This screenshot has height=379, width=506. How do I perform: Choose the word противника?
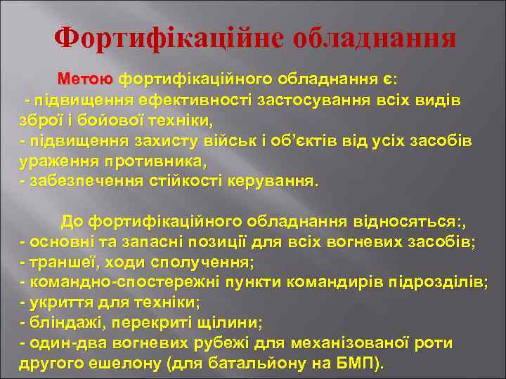154,161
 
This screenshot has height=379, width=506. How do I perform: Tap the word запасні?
145,243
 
